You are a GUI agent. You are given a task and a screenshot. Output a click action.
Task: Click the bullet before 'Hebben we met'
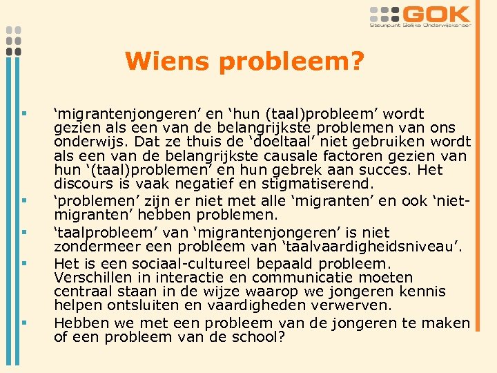pyautogui.click(x=23, y=322)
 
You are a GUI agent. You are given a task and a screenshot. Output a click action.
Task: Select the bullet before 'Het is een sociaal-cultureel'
pyautogui.click(x=23, y=263)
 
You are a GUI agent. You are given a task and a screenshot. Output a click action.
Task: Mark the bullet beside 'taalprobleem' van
pyautogui.click(x=23, y=233)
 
